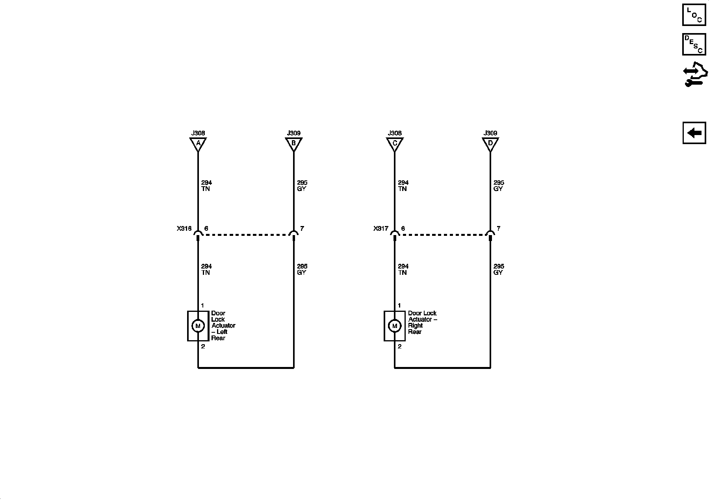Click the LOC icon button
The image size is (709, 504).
tap(694, 15)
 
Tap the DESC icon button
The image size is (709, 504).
tap(694, 44)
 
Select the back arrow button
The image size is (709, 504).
tap(694, 133)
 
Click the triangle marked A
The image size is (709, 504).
tap(198, 144)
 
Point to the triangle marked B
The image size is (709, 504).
tap(293, 144)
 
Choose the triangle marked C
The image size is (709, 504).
tap(395, 144)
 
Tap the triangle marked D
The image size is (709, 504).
tap(490, 144)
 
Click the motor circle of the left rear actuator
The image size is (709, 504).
tap(198, 326)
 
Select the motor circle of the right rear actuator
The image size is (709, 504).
tap(395, 326)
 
